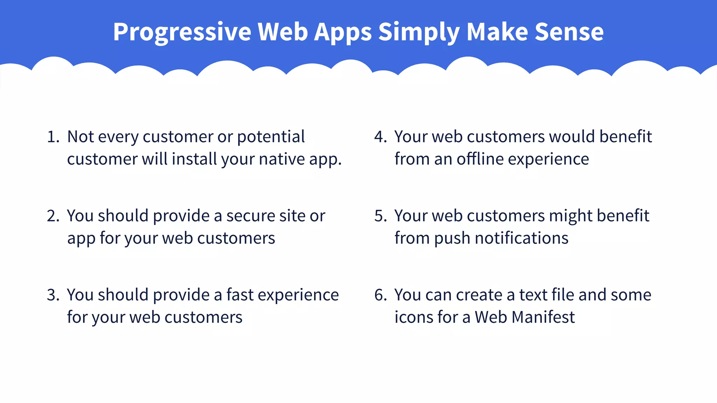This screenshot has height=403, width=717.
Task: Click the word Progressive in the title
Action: [182, 32]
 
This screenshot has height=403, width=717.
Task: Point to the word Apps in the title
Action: [343, 32]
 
